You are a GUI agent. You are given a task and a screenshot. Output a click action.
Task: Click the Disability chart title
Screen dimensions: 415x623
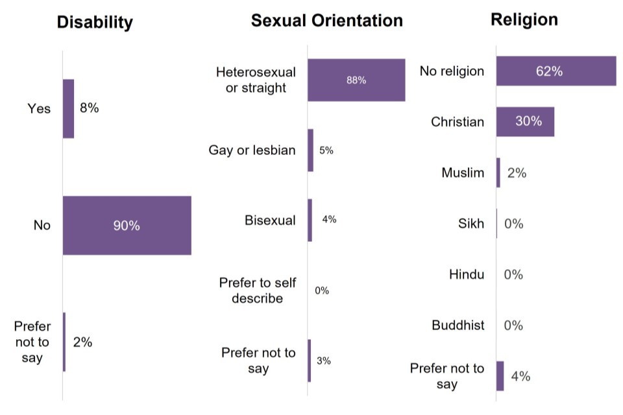click(x=95, y=23)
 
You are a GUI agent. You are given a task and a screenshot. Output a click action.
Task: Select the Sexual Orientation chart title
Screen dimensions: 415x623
click(x=326, y=21)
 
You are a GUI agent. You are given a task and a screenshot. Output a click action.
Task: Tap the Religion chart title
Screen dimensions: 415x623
click(x=524, y=19)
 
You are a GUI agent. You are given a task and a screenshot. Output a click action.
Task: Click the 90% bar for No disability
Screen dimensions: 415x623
click(x=127, y=225)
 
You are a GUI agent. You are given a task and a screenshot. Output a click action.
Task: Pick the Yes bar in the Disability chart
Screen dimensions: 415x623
click(x=68, y=108)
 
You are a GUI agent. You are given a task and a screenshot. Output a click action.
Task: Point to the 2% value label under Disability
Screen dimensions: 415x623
click(x=82, y=342)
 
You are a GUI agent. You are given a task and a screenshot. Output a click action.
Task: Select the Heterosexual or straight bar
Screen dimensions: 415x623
click(x=356, y=80)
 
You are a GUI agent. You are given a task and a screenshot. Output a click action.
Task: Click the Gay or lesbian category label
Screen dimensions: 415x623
click(x=252, y=150)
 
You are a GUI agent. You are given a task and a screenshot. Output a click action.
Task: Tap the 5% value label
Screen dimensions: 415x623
click(x=326, y=150)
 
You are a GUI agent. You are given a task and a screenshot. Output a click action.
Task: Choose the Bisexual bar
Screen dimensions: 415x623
click(x=310, y=220)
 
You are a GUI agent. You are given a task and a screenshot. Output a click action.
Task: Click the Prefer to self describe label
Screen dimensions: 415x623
click(x=257, y=290)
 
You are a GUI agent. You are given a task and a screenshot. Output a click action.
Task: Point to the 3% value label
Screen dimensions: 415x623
click(x=323, y=361)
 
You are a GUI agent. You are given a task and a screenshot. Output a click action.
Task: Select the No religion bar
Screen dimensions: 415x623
click(x=556, y=71)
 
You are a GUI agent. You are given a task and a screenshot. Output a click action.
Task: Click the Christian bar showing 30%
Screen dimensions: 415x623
click(x=524, y=121)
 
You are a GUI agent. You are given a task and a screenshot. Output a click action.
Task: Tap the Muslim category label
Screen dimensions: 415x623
click(x=463, y=172)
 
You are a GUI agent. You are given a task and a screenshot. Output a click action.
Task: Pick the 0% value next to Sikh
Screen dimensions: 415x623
click(x=513, y=224)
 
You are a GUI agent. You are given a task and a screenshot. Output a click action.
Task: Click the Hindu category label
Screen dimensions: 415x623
click(x=466, y=274)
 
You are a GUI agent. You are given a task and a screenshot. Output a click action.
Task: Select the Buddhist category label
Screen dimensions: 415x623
click(x=458, y=325)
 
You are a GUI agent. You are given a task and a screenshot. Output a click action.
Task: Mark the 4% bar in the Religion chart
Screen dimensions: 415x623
click(x=500, y=375)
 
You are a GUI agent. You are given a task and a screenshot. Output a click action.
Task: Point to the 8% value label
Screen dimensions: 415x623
click(x=89, y=108)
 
